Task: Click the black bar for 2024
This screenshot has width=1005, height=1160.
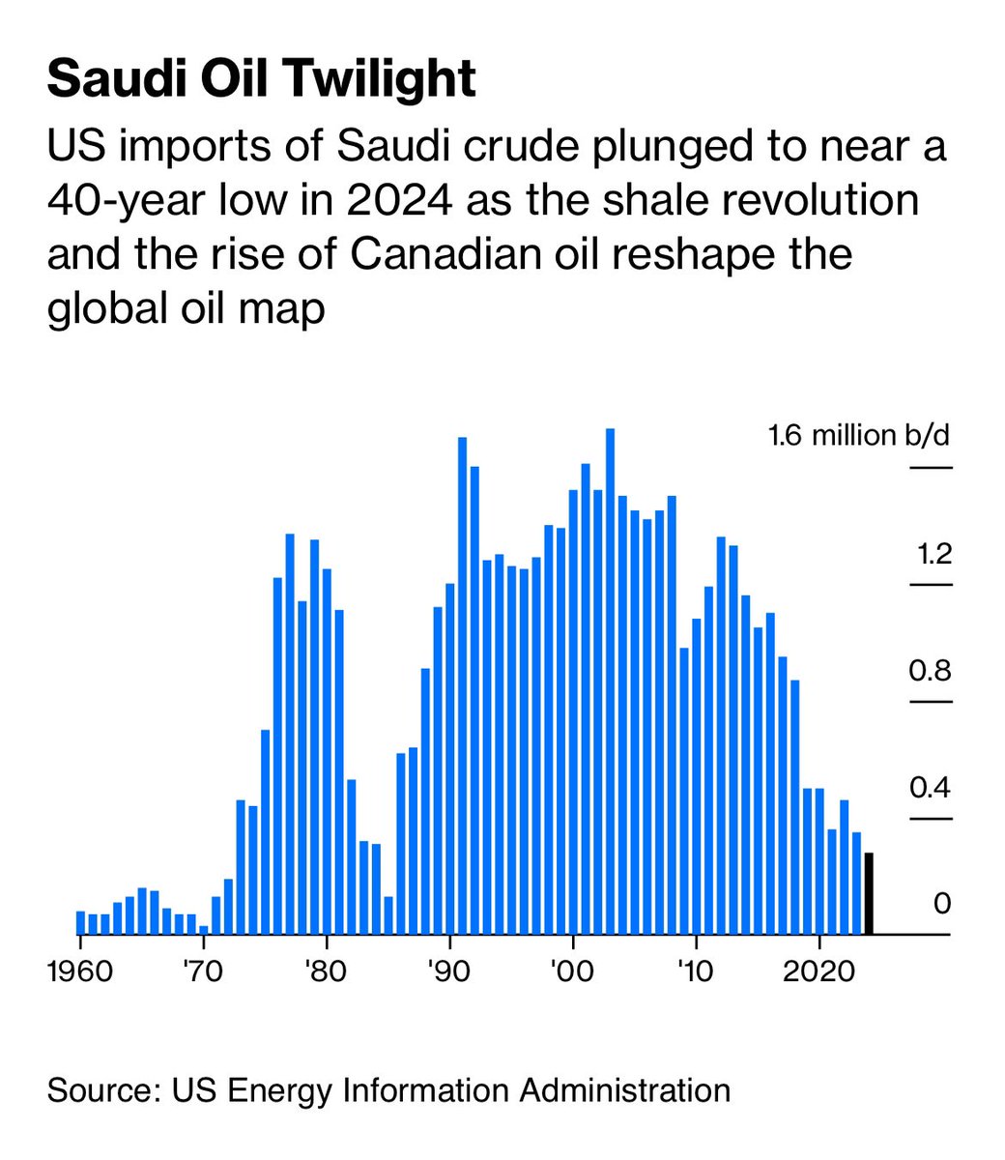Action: click(869, 894)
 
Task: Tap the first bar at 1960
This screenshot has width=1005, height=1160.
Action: click(80, 923)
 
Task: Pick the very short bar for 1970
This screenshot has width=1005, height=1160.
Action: click(204, 930)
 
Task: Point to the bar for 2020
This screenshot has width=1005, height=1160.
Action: click(819, 861)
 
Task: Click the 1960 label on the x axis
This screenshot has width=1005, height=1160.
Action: click(82, 970)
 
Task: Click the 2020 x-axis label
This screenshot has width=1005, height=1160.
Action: click(819, 970)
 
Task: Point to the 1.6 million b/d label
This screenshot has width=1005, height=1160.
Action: click(859, 436)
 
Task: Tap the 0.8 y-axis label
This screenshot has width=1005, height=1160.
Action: click(930, 670)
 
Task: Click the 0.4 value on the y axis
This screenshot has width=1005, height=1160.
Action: click(930, 787)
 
